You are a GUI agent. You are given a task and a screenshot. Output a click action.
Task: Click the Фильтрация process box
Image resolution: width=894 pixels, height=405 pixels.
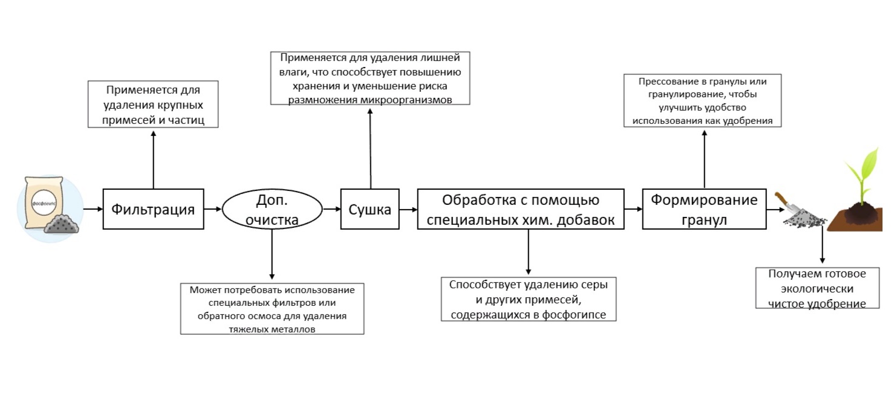click(x=153, y=209)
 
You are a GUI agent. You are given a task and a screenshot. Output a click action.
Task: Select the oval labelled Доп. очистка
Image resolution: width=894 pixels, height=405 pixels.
click(x=272, y=210)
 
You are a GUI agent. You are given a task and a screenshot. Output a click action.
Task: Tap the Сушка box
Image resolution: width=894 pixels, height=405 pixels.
click(x=370, y=209)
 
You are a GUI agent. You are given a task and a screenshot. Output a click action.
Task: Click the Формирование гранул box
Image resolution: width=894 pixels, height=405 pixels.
click(x=704, y=209)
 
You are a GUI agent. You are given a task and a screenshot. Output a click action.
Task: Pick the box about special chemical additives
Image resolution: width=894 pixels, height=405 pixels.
click(x=520, y=209)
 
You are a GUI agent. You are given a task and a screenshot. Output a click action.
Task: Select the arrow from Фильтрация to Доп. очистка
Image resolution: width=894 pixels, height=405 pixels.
click(x=212, y=209)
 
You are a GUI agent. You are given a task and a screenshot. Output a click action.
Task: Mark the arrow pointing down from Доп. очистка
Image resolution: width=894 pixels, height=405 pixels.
click(x=272, y=254)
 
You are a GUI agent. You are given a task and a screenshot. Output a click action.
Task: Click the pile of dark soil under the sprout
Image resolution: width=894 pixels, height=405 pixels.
click(x=859, y=215)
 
